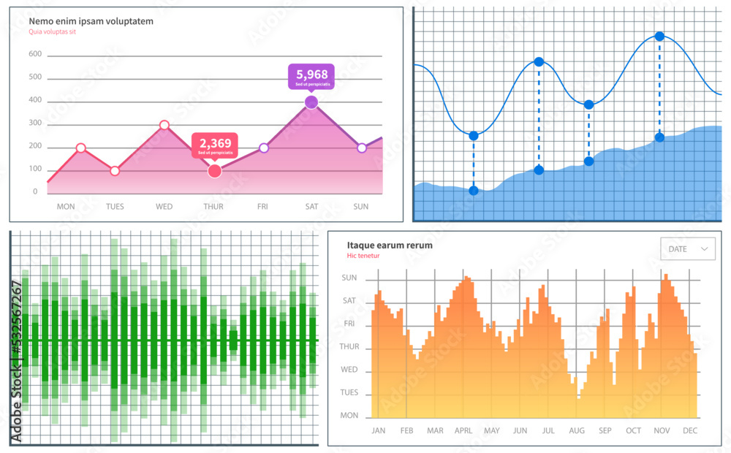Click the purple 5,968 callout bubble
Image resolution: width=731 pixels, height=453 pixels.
pos(311,76)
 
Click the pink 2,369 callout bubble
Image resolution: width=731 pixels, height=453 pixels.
pos(214,145)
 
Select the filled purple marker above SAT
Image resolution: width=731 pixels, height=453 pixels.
pos(311,102)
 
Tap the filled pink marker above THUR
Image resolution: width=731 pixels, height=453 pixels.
pos(214,171)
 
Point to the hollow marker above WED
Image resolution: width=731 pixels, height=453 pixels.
pos(164,125)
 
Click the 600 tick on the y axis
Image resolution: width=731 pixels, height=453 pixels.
pos(34,55)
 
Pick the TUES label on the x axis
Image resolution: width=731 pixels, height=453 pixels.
pos(115,207)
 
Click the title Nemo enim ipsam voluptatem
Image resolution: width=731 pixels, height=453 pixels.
pos(91,21)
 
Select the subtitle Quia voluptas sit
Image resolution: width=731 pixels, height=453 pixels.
pos(53,32)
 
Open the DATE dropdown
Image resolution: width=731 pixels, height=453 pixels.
pos(687,249)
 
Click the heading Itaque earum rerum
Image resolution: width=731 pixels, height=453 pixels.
pos(390,245)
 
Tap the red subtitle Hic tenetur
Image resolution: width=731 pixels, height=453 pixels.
pos(363,256)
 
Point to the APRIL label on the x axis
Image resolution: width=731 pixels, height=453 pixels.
pos(463,431)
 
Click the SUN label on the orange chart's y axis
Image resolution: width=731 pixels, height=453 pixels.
pos(349,278)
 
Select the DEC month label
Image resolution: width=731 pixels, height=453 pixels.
pos(690,431)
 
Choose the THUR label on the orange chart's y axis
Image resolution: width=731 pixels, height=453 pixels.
pos(349,347)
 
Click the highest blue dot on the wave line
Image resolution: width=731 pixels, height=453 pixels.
pos(659,36)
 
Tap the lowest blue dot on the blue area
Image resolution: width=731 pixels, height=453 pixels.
pos(474,191)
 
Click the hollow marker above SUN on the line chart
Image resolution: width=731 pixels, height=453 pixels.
pos(362,148)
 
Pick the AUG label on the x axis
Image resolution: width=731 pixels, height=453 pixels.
pos(577,431)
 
